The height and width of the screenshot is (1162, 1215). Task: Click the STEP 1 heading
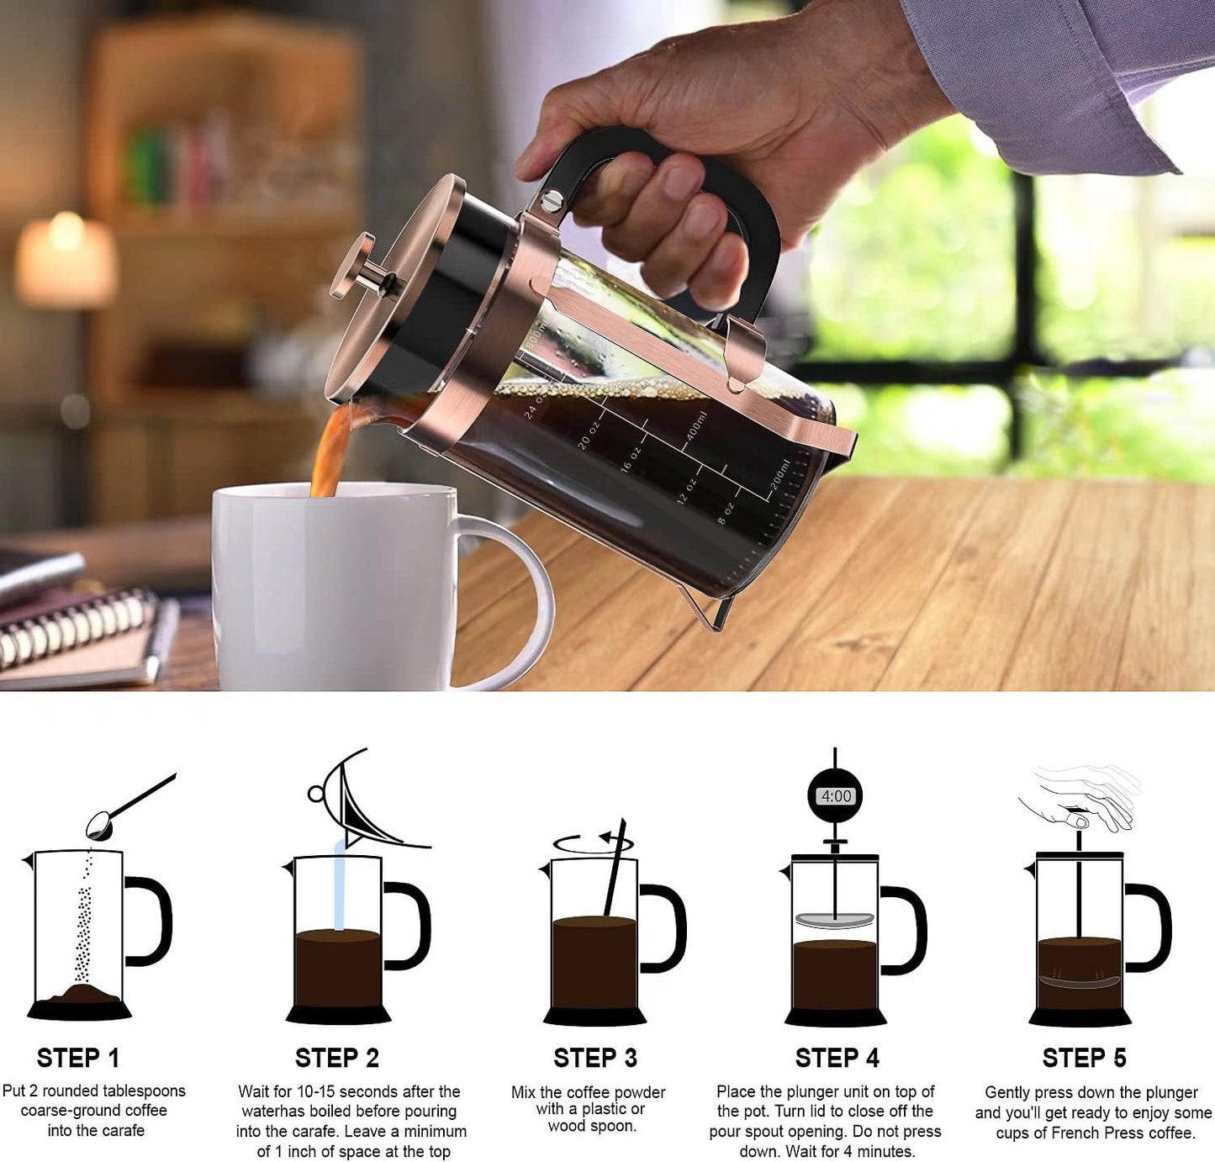(x=78, y=1057)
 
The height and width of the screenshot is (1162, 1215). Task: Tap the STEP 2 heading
(x=336, y=1057)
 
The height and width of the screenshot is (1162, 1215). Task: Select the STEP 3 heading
(x=594, y=1057)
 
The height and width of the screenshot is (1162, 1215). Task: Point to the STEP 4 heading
(x=837, y=1058)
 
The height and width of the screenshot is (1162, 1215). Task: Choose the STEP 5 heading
(x=1084, y=1058)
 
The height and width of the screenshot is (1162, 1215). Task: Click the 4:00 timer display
(x=836, y=795)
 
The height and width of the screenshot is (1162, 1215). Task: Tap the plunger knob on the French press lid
(x=353, y=266)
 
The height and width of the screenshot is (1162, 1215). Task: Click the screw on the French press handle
(x=552, y=200)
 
